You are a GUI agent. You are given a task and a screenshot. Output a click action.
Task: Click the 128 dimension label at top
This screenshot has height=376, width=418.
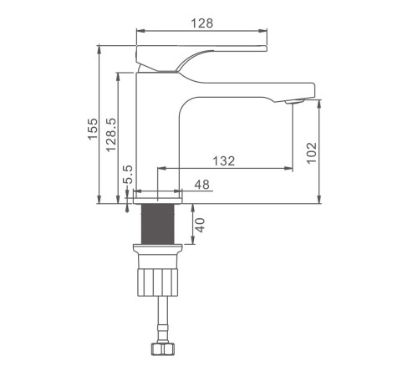[x=202, y=23]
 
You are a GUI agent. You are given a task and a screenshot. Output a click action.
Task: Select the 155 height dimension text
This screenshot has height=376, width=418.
[x=93, y=129]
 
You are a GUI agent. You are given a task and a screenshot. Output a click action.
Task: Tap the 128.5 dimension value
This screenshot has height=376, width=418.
[x=111, y=135]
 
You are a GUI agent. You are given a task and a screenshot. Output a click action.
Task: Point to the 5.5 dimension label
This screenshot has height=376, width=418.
[x=129, y=175]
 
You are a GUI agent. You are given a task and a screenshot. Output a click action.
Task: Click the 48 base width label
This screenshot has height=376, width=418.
[x=202, y=185]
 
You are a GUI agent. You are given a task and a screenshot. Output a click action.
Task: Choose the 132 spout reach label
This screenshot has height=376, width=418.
[x=224, y=161]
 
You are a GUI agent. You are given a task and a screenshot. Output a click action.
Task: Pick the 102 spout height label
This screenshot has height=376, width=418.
[x=312, y=153]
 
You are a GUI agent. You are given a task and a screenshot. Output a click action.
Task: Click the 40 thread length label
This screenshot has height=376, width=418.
[x=200, y=225]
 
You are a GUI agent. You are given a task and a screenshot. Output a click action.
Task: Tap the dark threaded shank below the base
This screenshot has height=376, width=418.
[x=158, y=224]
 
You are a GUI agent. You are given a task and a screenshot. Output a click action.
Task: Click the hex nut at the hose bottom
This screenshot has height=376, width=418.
[x=163, y=349]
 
